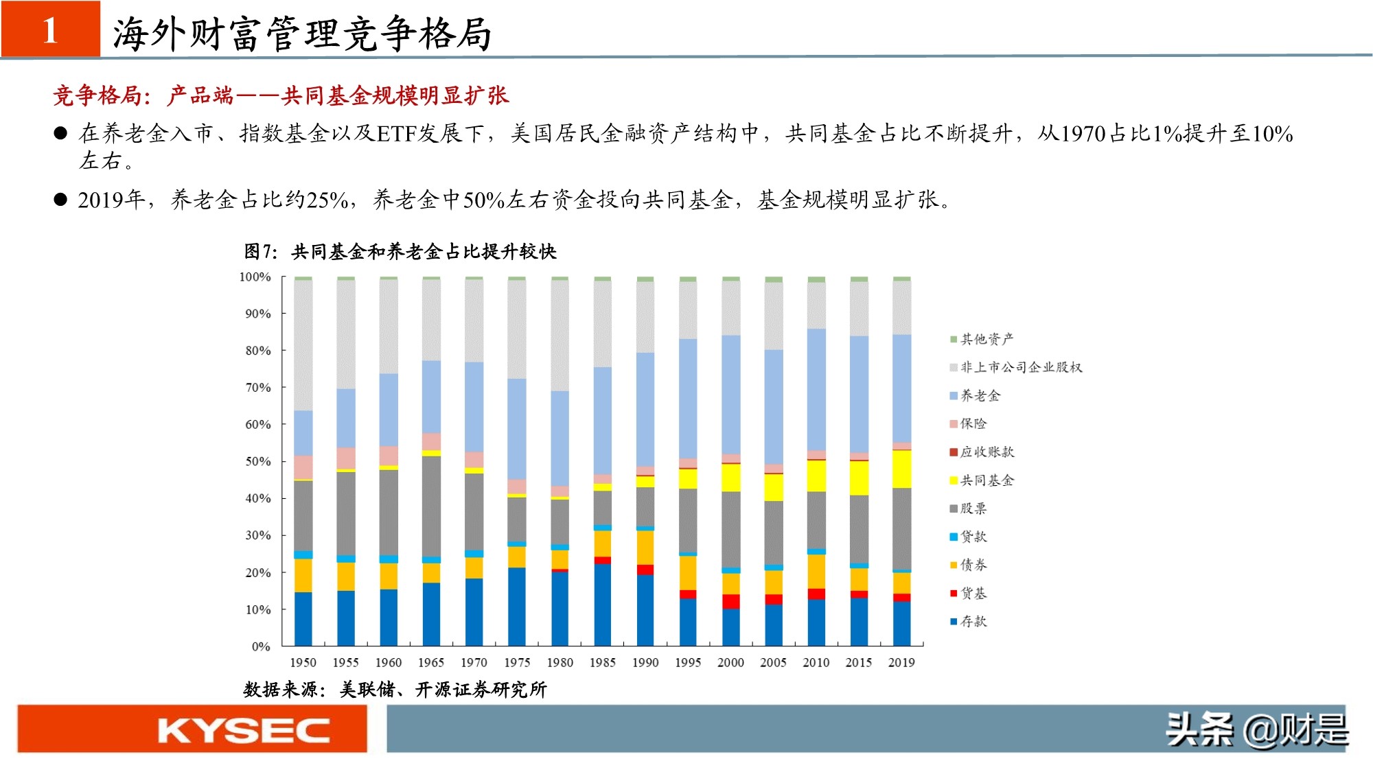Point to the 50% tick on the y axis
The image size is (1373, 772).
(258, 461)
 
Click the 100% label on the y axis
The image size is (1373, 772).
(255, 277)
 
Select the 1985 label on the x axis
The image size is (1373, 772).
(602, 662)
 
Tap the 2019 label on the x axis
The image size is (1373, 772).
(901, 662)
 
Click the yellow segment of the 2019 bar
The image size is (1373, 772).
(901, 469)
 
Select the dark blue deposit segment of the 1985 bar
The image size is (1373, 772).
(602, 604)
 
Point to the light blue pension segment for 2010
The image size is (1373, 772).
(816, 389)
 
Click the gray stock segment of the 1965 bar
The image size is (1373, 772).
(431, 506)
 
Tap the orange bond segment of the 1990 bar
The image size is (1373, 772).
(645, 547)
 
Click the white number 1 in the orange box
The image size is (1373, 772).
(50, 30)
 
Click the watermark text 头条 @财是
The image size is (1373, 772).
(1256, 730)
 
